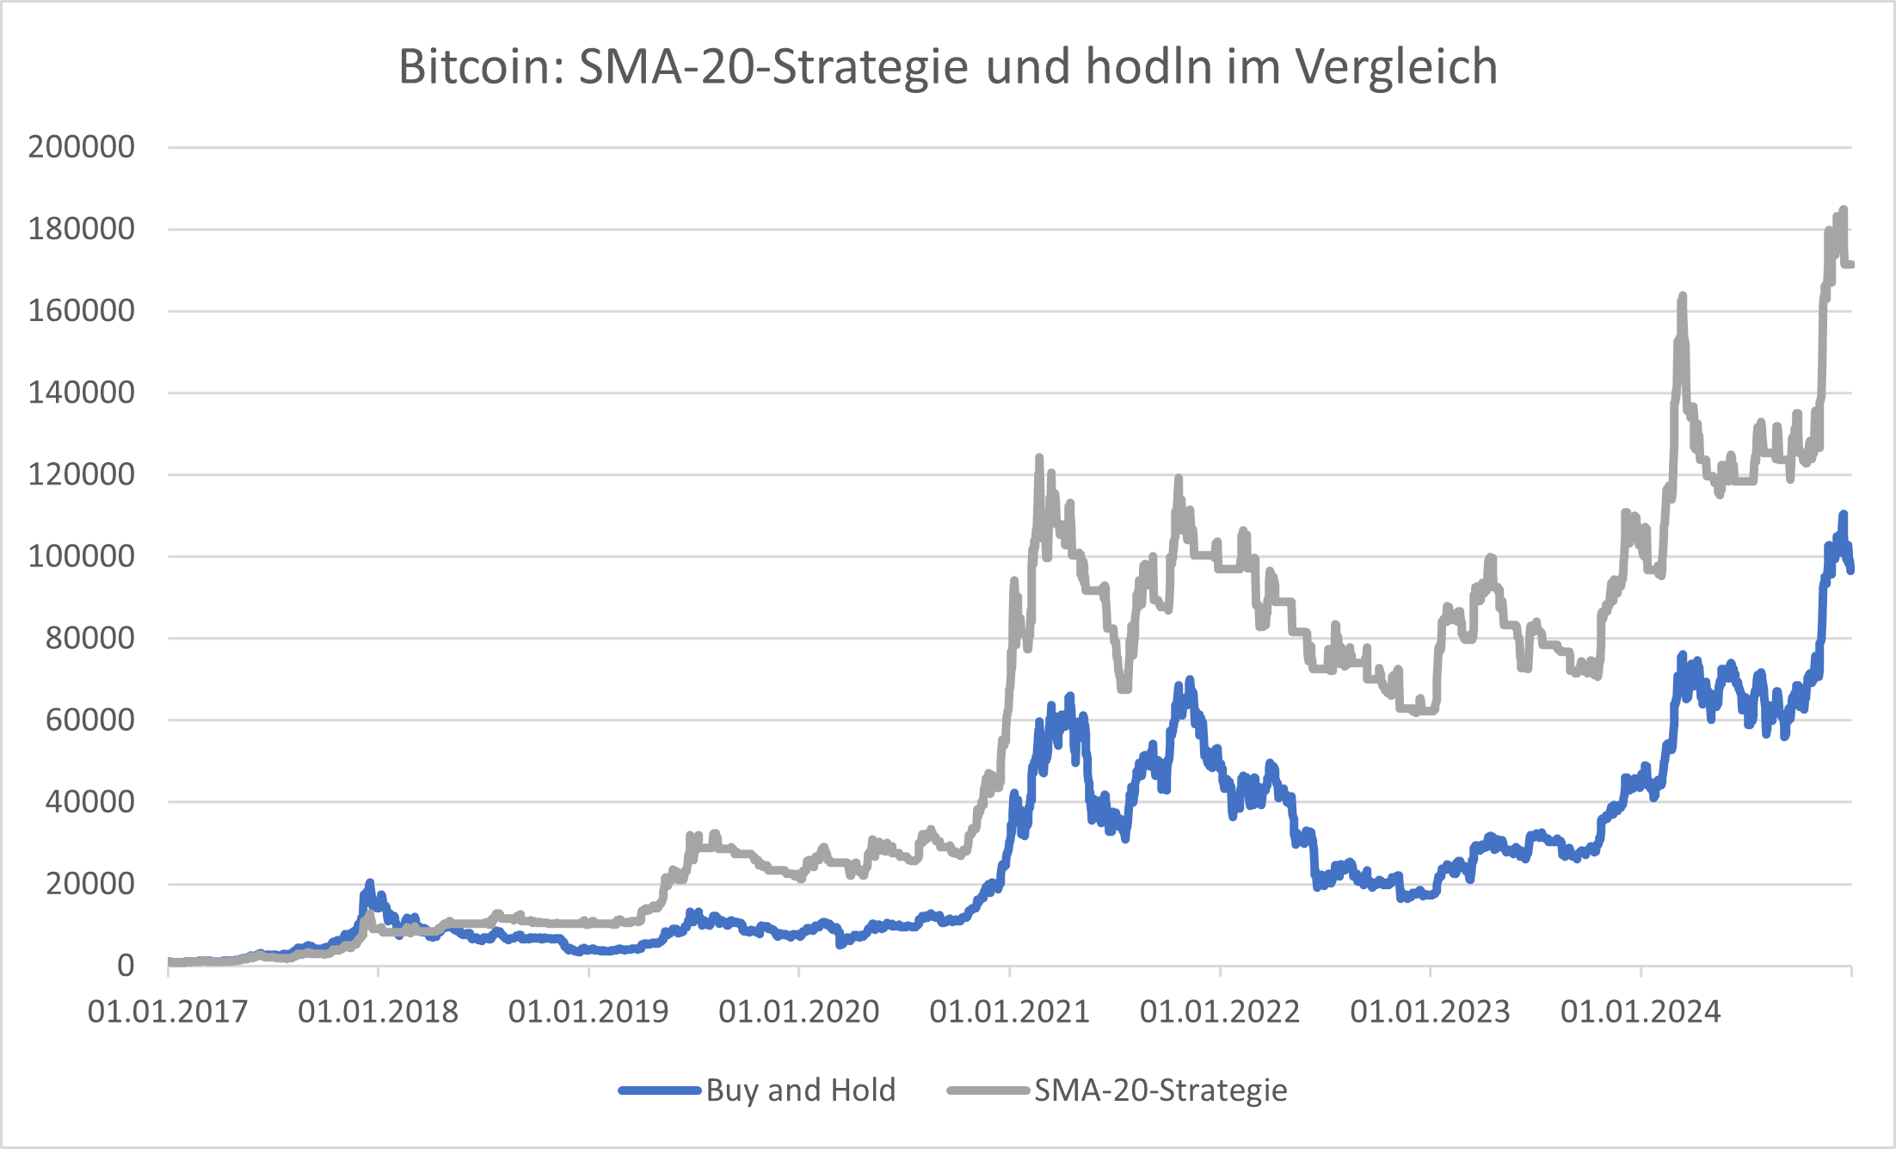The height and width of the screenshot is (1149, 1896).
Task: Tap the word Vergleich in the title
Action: (x=1396, y=67)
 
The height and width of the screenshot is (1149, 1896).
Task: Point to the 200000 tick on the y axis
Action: (x=82, y=147)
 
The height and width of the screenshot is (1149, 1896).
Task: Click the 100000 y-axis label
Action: (x=82, y=556)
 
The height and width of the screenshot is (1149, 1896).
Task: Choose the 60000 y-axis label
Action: (x=89, y=720)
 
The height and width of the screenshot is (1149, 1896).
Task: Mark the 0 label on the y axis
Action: (x=126, y=966)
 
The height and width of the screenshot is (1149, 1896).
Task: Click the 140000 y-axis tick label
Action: (x=82, y=392)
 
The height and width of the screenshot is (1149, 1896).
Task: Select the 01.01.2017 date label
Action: (x=168, y=1011)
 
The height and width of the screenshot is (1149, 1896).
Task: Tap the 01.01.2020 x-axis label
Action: (x=798, y=1011)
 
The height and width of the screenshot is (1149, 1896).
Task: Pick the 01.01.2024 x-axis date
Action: (x=1641, y=1011)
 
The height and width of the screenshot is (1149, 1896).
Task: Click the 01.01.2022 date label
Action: (x=1220, y=1011)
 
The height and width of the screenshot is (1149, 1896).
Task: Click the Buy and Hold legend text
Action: (x=801, y=1090)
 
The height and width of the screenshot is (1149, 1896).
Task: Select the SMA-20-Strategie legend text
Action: (x=1160, y=1090)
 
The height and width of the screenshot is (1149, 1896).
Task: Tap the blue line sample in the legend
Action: (x=660, y=1090)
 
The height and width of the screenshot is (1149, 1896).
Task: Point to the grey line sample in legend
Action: (x=988, y=1090)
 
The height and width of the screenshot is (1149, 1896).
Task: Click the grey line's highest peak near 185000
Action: (x=1843, y=210)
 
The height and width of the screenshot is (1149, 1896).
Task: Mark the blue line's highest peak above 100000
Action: (x=1843, y=515)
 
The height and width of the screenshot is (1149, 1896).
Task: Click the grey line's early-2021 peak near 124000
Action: (x=1039, y=458)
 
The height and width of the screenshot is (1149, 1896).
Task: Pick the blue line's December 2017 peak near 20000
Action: (x=370, y=883)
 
